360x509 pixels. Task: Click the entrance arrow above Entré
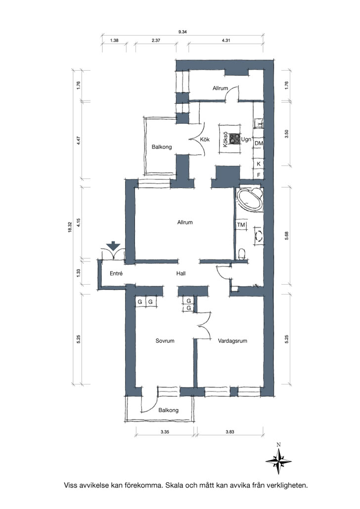113,246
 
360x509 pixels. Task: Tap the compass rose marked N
278,461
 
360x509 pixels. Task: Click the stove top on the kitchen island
235,139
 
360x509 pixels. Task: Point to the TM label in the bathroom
241,225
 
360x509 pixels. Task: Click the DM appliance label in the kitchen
259,143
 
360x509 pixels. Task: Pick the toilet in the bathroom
241,254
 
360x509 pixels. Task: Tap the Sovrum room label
165,341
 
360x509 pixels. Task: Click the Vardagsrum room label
232,341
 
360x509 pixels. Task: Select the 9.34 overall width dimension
182,32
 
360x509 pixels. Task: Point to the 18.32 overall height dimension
70,227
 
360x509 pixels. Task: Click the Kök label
205,139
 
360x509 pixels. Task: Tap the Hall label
181,274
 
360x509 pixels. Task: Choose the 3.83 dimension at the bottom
230,432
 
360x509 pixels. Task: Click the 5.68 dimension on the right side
286,236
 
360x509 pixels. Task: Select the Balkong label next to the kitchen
162,147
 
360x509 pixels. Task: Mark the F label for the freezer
259,174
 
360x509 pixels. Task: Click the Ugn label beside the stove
246,139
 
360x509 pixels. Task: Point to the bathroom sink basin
260,236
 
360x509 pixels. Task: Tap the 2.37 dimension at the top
156,41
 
